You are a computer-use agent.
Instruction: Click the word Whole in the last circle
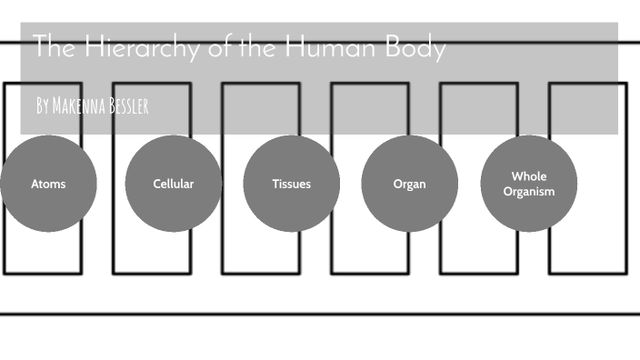[529, 176]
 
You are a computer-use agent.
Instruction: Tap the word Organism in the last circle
[529, 191]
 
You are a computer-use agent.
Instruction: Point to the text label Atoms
[48, 184]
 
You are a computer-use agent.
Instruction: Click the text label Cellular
[173, 184]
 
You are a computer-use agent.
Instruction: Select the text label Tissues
[291, 184]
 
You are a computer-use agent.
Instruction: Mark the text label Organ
[409, 184]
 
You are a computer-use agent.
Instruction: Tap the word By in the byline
[43, 106]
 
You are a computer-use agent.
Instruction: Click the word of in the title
[219, 47]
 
